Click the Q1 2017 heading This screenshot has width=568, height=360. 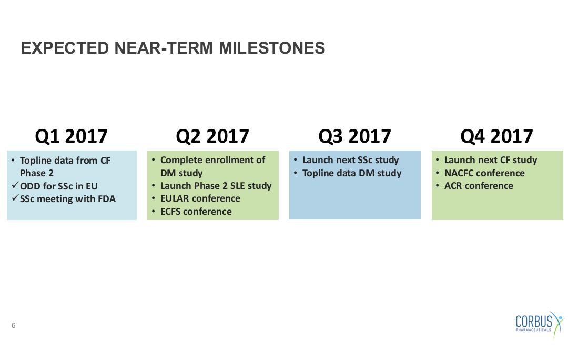tap(72, 136)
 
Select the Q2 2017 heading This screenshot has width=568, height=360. tap(212, 136)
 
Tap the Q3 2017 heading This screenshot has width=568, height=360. tap(354, 136)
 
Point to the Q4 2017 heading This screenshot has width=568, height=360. tap(496, 136)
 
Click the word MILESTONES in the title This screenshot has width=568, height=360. tap(272, 48)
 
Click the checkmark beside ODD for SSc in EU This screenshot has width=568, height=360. tap(15, 185)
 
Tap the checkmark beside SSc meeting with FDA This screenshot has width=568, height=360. tap(15, 198)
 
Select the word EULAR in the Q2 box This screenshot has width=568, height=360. tap(175, 198)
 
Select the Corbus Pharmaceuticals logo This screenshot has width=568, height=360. tap(540, 324)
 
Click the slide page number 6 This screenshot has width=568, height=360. tap(13, 326)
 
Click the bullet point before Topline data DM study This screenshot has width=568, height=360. tap(295, 173)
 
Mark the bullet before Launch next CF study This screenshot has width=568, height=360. tap(437, 160)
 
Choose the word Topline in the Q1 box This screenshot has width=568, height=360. tap(36, 161)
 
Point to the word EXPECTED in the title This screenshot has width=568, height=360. tap(65, 48)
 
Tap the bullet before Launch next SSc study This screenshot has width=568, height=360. tap(295, 160)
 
